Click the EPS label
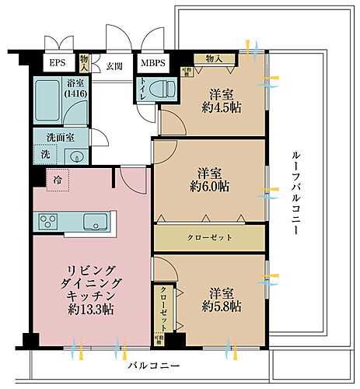(58, 63)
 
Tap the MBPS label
(153, 63)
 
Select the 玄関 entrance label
(115, 65)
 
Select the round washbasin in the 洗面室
(76, 156)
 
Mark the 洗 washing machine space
(44, 155)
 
